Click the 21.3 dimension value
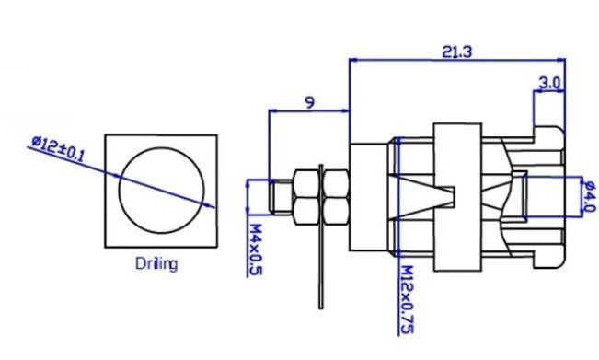457,52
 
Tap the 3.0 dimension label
549,83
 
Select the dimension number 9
310,102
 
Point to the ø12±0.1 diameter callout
57,148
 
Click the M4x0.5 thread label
256,250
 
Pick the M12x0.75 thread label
408,299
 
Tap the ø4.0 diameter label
590,196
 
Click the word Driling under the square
156,263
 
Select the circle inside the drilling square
120,190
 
